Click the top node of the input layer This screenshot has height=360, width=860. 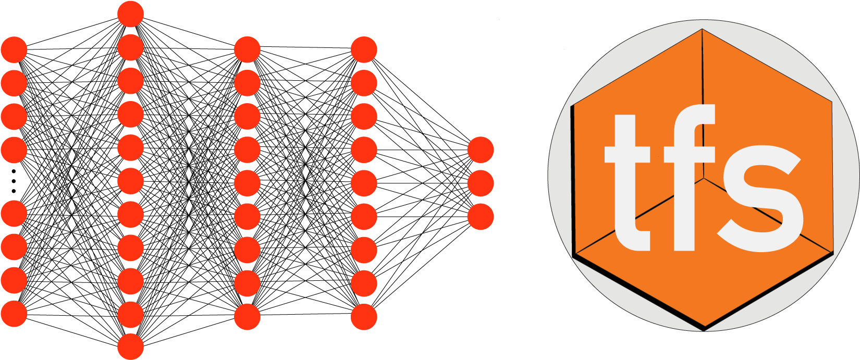(x=14, y=49)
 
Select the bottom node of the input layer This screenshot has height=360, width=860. (x=14, y=314)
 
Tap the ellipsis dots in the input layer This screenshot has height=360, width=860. (x=14, y=181)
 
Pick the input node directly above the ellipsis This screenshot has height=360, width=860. (x=14, y=150)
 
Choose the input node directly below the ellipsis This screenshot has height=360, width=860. (x=14, y=214)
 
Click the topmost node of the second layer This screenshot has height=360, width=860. (x=130, y=14)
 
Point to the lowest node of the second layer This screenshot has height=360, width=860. (x=130, y=346)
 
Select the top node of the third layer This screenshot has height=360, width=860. (x=247, y=49)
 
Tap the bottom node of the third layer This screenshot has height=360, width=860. (x=247, y=317)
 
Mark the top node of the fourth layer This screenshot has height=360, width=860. (x=364, y=49)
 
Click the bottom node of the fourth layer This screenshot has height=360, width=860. (x=364, y=317)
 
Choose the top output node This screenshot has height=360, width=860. (x=480, y=150)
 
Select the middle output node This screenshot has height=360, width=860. (x=480, y=183)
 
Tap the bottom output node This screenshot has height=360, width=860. (x=480, y=216)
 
